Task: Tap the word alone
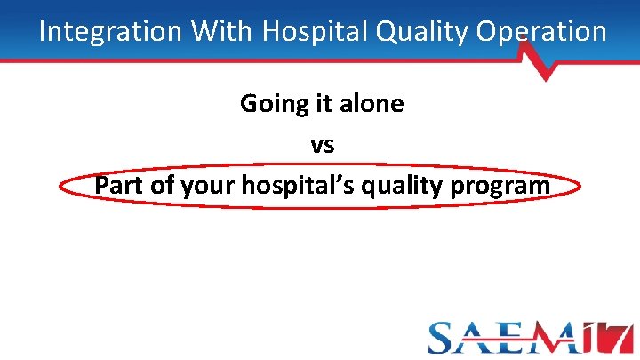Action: (x=369, y=104)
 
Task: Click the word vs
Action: (x=322, y=144)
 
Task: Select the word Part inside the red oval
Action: (x=121, y=186)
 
